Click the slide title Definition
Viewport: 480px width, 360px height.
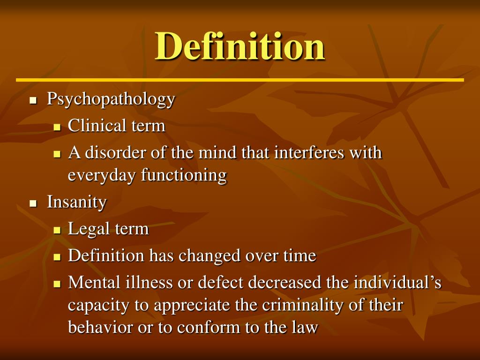click(240, 46)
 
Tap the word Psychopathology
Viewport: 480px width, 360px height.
click(111, 99)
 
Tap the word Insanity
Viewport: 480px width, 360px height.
click(77, 202)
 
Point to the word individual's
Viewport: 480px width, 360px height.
click(397, 283)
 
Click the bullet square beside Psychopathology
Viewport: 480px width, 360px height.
click(33, 101)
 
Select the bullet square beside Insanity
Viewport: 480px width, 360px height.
click(33, 203)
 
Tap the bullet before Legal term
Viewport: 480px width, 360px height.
click(57, 231)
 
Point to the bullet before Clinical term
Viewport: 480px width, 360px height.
click(57, 127)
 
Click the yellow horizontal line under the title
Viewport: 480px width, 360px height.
click(240, 80)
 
